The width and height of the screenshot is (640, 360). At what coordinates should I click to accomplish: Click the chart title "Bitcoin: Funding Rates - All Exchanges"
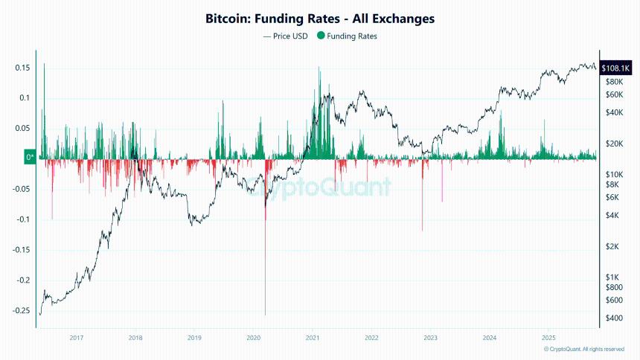click(x=320, y=18)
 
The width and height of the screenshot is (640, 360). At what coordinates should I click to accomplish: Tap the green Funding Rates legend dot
click(x=321, y=36)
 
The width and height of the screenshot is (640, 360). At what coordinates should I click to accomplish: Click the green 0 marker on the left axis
click(x=30, y=158)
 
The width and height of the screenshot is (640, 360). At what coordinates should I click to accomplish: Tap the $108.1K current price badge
click(x=615, y=68)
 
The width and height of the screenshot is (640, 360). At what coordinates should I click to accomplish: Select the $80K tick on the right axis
click(x=614, y=81)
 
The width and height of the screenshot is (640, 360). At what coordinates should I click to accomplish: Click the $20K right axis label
click(x=614, y=144)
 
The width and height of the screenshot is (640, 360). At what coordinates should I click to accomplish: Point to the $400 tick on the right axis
click(x=614, y=318)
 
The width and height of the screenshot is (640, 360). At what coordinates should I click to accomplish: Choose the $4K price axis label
click(x=612, y=216)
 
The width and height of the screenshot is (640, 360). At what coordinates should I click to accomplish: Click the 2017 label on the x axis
click(x=76, y=338)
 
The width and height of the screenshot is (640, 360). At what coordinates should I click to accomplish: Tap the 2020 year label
click(x=253, y=338)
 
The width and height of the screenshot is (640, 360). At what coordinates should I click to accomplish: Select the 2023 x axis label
click(x=430, y=338)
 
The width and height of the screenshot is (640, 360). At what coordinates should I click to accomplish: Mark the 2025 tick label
click(x=548, y=338)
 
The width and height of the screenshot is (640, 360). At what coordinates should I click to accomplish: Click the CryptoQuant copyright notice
click(x=583, y=349)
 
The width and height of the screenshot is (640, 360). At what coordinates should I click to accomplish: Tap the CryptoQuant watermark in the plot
click(x=327, y=190)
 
